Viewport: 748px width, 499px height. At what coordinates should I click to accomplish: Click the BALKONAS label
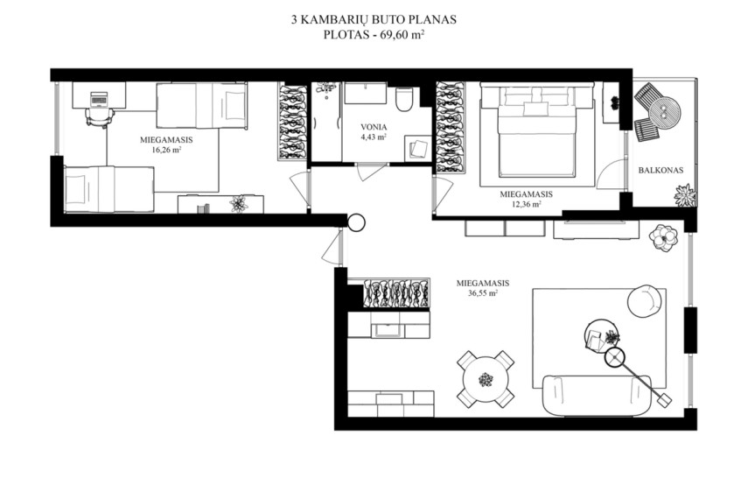coord(661,170)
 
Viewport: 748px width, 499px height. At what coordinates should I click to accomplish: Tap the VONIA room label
coord(374,127)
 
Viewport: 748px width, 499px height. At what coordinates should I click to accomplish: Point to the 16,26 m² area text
coord(166,150)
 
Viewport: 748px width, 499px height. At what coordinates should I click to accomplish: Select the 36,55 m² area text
coord(483,293)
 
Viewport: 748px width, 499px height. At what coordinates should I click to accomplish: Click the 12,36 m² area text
coord(526,204)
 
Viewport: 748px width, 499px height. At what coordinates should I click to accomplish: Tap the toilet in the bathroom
coord(403,99)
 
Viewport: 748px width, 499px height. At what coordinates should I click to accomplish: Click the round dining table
coord(486,379)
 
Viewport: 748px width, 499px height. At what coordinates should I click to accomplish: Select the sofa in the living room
coord(598,395)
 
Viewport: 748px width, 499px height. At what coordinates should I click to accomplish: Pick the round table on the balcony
coord(664,113)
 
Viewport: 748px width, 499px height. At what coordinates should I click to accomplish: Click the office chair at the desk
coord(100,117)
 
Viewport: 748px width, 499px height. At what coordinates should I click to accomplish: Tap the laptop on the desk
coord(99,99)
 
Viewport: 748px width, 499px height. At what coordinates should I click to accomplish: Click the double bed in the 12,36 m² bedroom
coord(537,131)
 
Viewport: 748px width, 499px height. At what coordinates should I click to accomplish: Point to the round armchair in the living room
coord(645,301)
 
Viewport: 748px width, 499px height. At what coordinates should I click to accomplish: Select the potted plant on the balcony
coord(685,195)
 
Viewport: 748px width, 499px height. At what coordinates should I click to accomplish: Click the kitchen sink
coord(388,330)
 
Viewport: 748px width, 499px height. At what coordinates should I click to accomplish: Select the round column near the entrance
coord(356,222)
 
